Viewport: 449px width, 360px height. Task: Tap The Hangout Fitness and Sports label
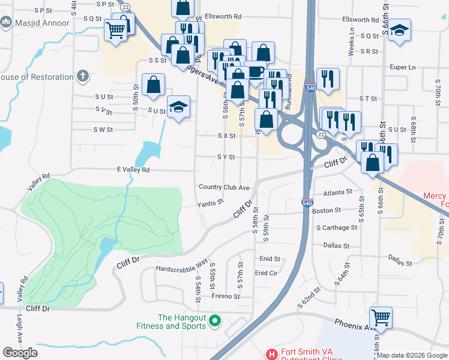[181, 322]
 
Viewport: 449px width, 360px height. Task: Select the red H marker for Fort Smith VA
[272, 354]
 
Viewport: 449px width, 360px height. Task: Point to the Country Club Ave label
[224, 187]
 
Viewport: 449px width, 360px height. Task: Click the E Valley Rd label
[133, 170]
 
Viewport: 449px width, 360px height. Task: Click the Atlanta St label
[337, 192]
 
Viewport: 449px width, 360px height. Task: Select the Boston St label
[326, 211]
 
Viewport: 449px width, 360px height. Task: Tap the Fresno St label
[225, 296]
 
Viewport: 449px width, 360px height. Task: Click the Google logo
[20, 353]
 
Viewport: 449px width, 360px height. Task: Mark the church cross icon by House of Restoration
[82, 76]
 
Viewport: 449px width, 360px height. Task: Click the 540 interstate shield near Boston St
[307, 203]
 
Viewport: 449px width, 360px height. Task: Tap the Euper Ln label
[402, 67]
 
